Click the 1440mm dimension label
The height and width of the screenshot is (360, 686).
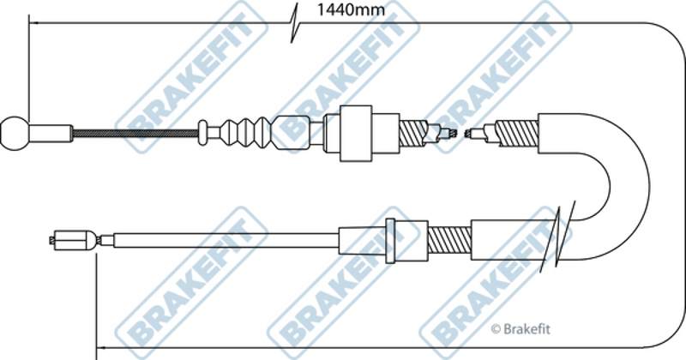click(351, 10)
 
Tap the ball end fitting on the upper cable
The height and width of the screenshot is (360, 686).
click(15, 133)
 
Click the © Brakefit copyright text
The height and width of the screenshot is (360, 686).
click(521, 329)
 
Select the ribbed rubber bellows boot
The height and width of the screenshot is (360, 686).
click(245, 132)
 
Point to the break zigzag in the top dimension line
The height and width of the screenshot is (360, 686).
click(294, 23)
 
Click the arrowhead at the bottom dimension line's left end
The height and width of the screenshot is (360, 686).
click(101, 348)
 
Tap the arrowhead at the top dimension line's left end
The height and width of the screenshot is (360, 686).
click(34, 22)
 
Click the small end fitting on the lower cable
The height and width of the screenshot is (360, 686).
click(73, 240)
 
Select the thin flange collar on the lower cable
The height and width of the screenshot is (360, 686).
click(390, 241)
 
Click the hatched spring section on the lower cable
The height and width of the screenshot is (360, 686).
click(449, 240)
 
